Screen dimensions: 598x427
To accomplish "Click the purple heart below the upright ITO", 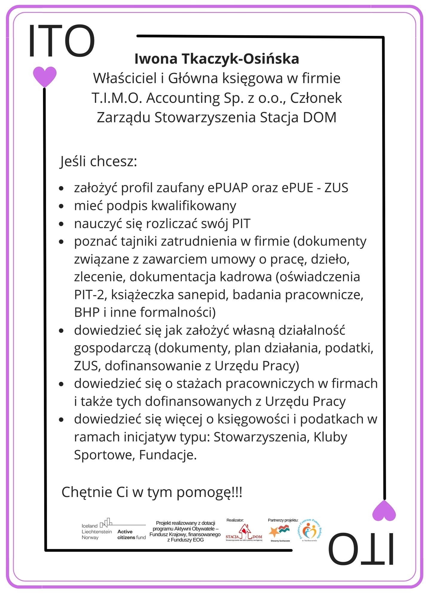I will pyautogui.click(x=45, y=76).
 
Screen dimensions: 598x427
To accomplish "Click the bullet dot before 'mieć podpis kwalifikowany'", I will pyautogui.click(x=62, y=206).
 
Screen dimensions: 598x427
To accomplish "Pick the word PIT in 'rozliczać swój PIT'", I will pyautogui.click(x=241, y=224).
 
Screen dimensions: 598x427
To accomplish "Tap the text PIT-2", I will pyautogui.click(x=89, y=295).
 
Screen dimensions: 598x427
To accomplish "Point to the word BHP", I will pyautogui.click(x=87, y=312).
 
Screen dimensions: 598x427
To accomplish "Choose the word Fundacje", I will pyautogui.click(x=168, y=455).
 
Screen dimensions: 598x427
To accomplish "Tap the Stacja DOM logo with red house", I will pyautogui.click(x=244, y=533).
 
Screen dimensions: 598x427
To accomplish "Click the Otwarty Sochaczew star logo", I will pyautogui.click(x=279, y=532).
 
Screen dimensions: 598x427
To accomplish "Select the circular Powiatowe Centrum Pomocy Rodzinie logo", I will pyautogui.click(x=310, y=531).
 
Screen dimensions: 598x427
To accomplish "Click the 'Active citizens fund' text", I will pyautogui.click(x=131, y=534).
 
